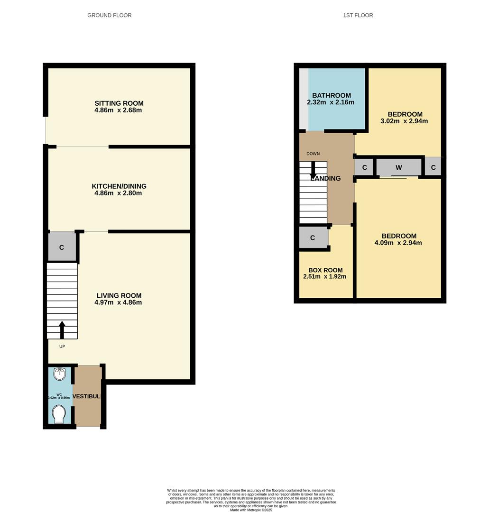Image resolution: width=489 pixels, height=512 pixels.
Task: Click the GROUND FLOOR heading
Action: click(x=109, y=15)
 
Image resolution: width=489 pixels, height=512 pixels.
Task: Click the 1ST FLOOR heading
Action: click(x=358, y=15)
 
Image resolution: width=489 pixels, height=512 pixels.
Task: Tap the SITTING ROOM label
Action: click(x=119, y=103)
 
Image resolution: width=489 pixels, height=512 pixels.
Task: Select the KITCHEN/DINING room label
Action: click(x=119, y=186)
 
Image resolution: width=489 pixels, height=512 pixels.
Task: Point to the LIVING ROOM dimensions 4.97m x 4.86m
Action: click(x=119, y=302)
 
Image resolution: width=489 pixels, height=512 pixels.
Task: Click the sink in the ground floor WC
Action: click(x=60, y=375)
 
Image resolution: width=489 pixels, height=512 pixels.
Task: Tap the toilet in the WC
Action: click(x=59, y=414)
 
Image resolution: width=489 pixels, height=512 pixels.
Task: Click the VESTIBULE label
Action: click(x=87, y=396)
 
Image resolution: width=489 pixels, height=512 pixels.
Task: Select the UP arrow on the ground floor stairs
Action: click(x=62, y=329)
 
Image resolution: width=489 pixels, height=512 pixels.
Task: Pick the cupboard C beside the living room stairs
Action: click(x=62, y=247)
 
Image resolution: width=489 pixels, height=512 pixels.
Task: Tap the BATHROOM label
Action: click(x=331, y=95)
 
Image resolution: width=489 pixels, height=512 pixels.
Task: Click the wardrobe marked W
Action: click(x=398, y=167)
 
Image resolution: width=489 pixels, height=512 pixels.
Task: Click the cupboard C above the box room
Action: click(x=313, y=238)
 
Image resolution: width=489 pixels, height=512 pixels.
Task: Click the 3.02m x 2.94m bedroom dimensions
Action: click(x=404, y=121)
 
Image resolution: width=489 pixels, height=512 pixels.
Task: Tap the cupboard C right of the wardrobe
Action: click(x=433, y=167)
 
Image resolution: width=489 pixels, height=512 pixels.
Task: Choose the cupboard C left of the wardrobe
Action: click(x=364, y=167)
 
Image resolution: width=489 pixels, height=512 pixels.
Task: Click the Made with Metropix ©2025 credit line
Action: click(x=251, y=510)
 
